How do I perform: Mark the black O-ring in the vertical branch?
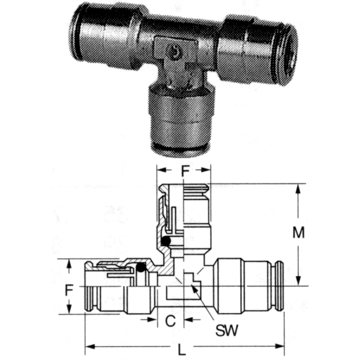166,241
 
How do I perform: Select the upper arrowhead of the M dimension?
298,189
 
